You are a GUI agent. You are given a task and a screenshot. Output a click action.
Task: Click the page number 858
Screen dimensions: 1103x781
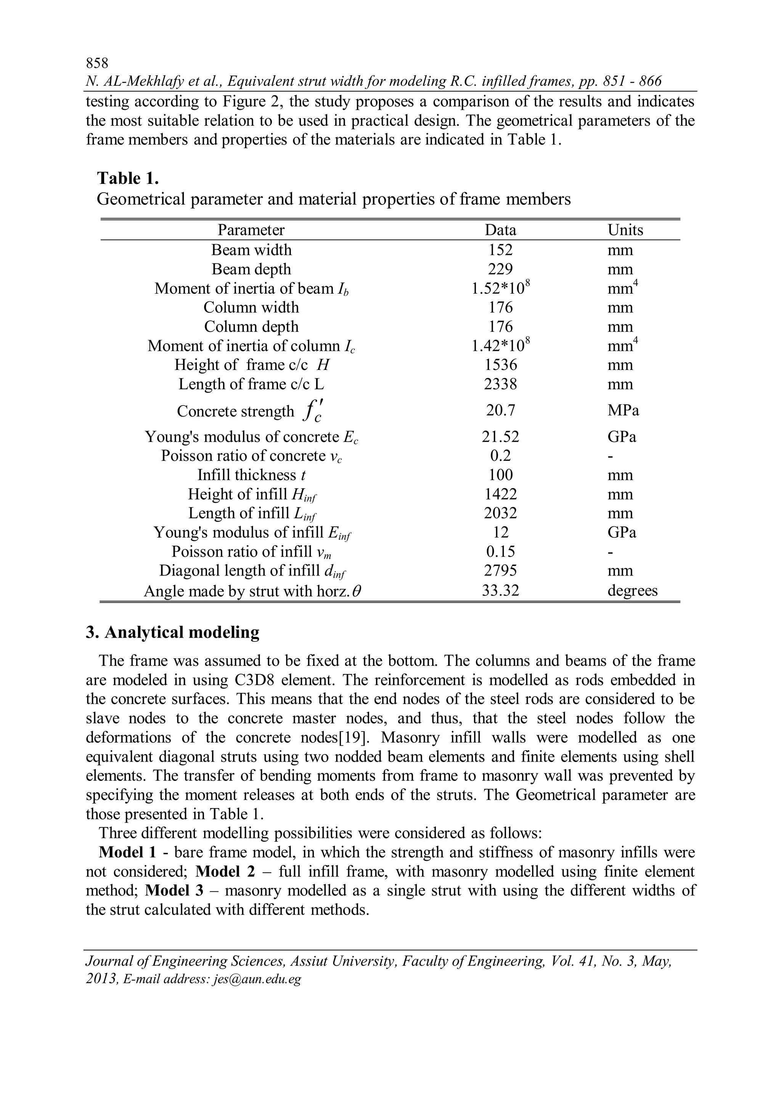click(97, 63)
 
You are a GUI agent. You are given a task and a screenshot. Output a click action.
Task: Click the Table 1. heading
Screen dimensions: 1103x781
click(127, 178)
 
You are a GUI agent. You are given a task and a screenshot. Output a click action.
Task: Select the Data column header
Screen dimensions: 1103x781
click(500, 230)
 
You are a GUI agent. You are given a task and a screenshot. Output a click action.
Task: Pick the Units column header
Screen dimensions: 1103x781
click(625, 230)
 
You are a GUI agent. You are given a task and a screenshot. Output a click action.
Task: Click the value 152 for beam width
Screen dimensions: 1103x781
click(500, 250)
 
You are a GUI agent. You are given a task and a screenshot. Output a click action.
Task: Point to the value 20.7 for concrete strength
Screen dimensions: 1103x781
click(500, 410)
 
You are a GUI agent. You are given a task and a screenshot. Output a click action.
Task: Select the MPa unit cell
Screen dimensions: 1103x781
click(623, 410)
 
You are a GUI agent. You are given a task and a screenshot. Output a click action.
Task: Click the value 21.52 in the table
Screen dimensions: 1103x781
click(500, 437)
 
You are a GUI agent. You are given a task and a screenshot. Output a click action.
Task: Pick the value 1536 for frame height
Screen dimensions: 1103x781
click(500, 365)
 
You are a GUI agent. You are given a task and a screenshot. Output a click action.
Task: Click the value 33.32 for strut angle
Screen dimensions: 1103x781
click(500, 590)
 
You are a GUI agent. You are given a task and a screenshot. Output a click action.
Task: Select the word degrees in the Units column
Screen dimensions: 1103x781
click(632, 590)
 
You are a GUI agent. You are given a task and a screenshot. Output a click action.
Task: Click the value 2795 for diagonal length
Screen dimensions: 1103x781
click(500, 571)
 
